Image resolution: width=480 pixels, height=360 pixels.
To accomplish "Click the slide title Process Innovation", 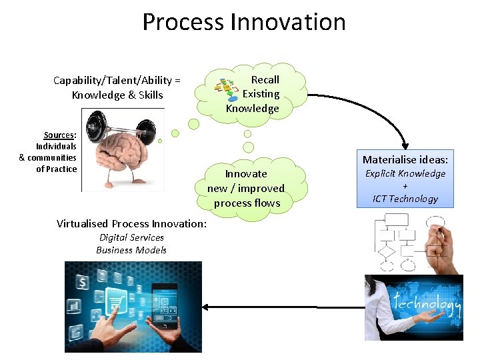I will [244, 22].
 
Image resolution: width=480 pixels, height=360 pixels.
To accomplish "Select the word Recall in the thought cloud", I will [265, 79].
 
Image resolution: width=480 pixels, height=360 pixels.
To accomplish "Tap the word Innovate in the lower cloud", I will [245, 173].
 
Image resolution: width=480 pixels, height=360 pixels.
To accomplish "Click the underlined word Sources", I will [59, 135].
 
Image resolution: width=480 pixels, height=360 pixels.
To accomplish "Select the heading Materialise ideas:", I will [405, 159].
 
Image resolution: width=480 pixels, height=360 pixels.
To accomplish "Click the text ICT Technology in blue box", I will [405, 199].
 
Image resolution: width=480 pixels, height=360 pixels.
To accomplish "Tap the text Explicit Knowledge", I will [405, 173].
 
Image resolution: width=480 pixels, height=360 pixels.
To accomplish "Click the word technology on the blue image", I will [427, 303].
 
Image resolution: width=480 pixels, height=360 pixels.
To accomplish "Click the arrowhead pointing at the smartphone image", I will [206, 307].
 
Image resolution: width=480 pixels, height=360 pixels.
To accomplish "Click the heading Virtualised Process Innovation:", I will [131, 223].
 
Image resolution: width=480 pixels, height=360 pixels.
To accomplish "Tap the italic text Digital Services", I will [131, 237].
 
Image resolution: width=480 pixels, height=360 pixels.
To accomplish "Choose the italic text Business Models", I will [131, 250].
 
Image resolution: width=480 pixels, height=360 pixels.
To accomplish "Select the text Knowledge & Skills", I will [117, 95].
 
